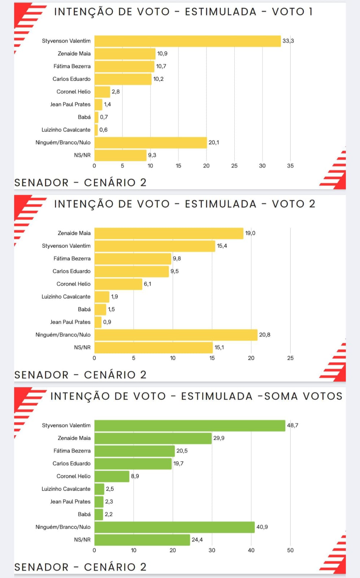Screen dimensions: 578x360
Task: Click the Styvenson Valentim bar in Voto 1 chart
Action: (187, 41)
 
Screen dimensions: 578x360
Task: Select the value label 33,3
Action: (288, 41)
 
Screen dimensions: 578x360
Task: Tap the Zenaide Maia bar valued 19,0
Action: (169, 233)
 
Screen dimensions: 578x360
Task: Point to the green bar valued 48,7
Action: (190, 426)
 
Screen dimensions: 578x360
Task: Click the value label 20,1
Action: (214, 142)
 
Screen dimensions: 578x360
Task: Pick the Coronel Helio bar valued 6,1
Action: (118, 284)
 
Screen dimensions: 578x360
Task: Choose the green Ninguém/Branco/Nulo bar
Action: (174, 527)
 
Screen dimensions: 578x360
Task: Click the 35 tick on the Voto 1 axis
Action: (290, 166)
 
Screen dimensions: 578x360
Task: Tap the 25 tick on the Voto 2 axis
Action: (290, 358)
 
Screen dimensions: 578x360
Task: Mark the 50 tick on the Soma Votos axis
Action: (290, 550)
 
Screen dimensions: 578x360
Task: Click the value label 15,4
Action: (222, 246)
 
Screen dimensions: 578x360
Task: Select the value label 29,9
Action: (219, 438)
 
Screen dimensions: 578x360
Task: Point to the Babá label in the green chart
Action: (84, 514)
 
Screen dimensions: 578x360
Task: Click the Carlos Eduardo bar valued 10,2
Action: (123, 79)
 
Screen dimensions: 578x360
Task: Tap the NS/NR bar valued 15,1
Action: (153, 348)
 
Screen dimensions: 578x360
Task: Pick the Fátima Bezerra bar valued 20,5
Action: (134, 451)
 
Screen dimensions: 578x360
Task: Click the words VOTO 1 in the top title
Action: (292, 12)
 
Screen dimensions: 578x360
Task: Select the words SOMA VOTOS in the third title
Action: (303, 396)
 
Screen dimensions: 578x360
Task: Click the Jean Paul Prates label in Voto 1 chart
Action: (70, 104)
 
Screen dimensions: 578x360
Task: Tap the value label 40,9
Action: (262, 527)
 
